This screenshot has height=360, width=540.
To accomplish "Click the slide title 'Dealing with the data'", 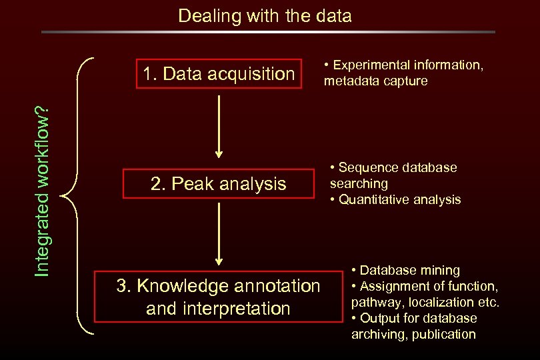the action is (x=265, y=16).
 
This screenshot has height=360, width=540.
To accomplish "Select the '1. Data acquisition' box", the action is (x=218, y=73).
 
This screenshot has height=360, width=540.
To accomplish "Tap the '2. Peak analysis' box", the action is (x=218, y=183).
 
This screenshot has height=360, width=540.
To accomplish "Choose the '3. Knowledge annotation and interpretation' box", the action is (x=218, y=297).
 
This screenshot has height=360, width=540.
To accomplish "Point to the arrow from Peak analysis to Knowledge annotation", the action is (x=218, y=234).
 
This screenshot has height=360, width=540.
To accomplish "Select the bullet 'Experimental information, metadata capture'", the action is (x=403, y=73).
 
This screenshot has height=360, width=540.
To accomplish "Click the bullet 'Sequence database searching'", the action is (x=393, y=175).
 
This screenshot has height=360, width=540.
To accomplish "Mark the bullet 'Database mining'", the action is (x=406, y=270).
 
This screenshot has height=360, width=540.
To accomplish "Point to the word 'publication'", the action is (x=443, y=334).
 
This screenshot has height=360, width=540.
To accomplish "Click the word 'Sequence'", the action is (x=367, y=167).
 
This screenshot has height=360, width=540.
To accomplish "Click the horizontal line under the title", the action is (x=268, y=31).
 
